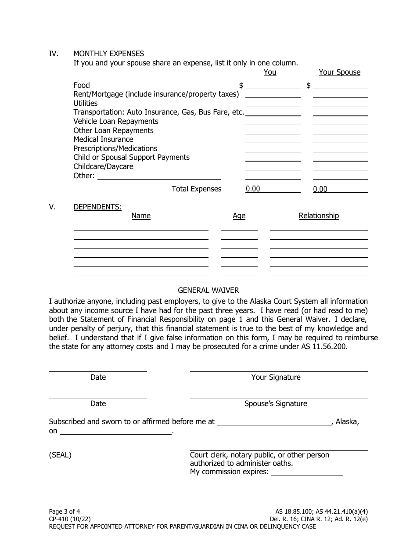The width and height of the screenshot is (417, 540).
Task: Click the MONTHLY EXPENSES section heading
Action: tap(108, 54)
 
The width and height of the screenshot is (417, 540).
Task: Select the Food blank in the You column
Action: tap(273, 86)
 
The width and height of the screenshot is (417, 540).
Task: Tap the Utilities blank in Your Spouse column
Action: tap(340, 104)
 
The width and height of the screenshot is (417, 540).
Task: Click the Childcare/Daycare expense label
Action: tap(103, 166)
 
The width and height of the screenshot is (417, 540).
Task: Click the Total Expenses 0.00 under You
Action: tap(253, 189)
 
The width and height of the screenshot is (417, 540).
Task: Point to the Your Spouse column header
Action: tap(339, 72)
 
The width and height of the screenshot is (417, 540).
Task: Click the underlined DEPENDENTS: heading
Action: tap(97, 207)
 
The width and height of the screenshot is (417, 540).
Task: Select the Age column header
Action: tap(239, 216)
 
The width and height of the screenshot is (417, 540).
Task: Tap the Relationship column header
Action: tap(319, 216)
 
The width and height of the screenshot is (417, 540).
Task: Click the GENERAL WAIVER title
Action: tap(208, 290)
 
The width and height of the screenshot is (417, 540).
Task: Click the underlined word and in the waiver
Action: tap(162, 346)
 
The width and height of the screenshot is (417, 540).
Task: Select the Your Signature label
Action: tap(276, 377)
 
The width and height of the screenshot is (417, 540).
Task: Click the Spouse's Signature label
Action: tap(276, 403)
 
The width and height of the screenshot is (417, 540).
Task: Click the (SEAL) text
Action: tap(60, 455)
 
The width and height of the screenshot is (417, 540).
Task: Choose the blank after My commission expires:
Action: tap(307, 472)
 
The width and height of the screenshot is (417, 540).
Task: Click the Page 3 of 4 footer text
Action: tap(65, 511)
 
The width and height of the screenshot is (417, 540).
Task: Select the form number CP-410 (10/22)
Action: tap(70, 518)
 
